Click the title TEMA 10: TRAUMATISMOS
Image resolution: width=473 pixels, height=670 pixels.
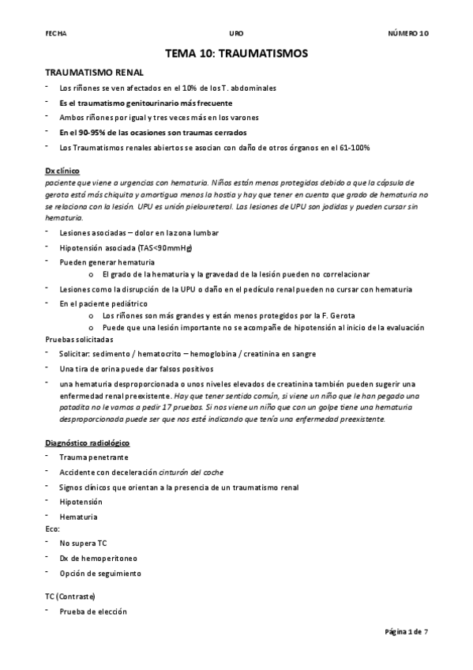tap(236, 54)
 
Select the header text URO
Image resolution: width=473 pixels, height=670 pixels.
tap(236, 33)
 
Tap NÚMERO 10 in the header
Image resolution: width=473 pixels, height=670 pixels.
tap(407, 33)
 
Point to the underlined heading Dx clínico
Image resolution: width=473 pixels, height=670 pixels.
tap(63, 171)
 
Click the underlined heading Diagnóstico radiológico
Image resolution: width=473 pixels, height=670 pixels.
tap(88, 443)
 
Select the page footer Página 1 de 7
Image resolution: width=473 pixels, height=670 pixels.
tap(406, 631)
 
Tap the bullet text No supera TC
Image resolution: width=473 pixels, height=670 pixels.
tap(83, 544)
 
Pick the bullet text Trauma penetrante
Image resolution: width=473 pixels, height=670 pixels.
tap(93, 457)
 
